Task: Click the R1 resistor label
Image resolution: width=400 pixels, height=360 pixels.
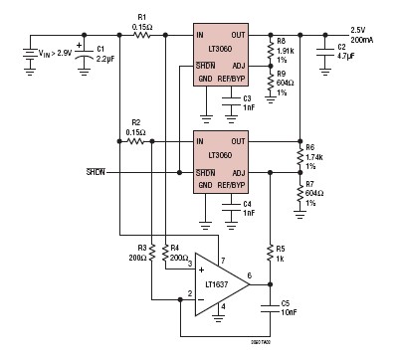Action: point(141,20)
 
